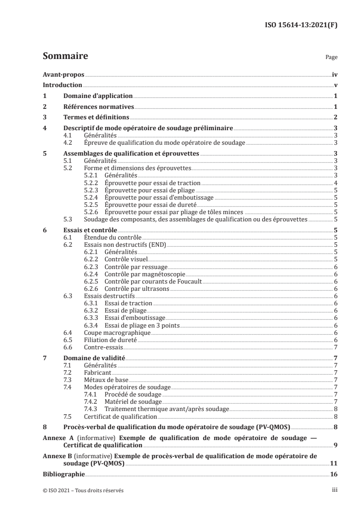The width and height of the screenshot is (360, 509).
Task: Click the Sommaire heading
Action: click(x=65, y=57)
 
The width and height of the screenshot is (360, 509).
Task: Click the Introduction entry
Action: click(x=62, y=85)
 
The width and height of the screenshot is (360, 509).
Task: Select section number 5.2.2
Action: click(x=92, y=183)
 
